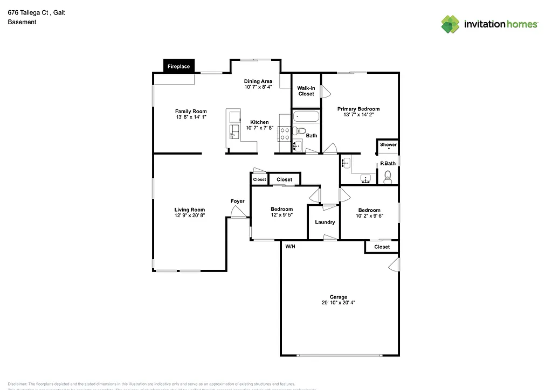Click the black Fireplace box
180,66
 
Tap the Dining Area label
258,81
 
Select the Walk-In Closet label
306,90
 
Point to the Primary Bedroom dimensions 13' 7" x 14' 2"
358,115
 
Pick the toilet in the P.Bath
387,177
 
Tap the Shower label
388,144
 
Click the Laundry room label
325,222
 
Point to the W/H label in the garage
290,247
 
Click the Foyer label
237,201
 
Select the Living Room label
189,210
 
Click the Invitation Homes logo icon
451,24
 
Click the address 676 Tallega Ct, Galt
36,12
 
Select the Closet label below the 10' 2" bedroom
382,247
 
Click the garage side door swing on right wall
395,264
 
